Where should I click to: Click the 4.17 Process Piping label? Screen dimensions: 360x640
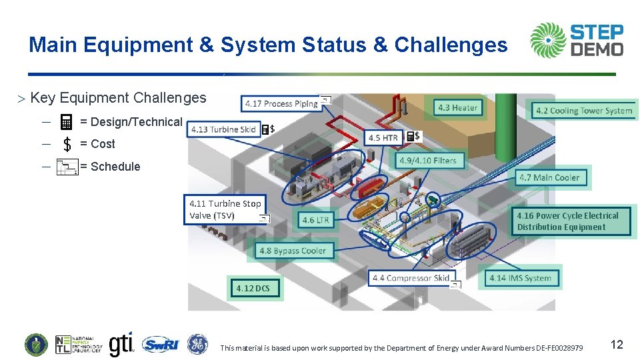(x=281, y=103)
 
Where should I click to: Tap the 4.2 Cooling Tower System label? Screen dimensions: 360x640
(x=583, y=110)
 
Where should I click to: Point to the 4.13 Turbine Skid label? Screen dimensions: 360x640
(x=223, y=129)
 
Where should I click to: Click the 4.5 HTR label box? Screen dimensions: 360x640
(x=383, y=137)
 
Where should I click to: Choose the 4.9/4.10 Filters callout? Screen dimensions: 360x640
(x=427, y=161)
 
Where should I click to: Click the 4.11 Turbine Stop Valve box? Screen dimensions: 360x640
(x=225, y=209)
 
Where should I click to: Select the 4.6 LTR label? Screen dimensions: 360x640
(x=315, y=220)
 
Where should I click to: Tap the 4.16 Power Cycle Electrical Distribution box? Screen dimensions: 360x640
(x=573, y=221)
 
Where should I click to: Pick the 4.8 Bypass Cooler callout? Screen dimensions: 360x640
(x=292, y=251)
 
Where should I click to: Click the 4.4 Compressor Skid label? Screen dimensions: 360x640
(x=411, y=278)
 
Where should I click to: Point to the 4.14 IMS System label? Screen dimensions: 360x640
(x=521, y=278)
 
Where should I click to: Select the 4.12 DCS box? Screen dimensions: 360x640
(x=254, y=288)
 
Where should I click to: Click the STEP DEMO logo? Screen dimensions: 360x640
(x=577, y=40)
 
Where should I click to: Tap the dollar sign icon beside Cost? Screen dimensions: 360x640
(x=67, y=144)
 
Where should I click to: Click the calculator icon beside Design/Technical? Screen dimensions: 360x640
(x=66, y=122)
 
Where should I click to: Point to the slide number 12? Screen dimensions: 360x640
(x=617, y=344)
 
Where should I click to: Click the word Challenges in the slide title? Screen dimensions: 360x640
(x=451, y=45)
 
